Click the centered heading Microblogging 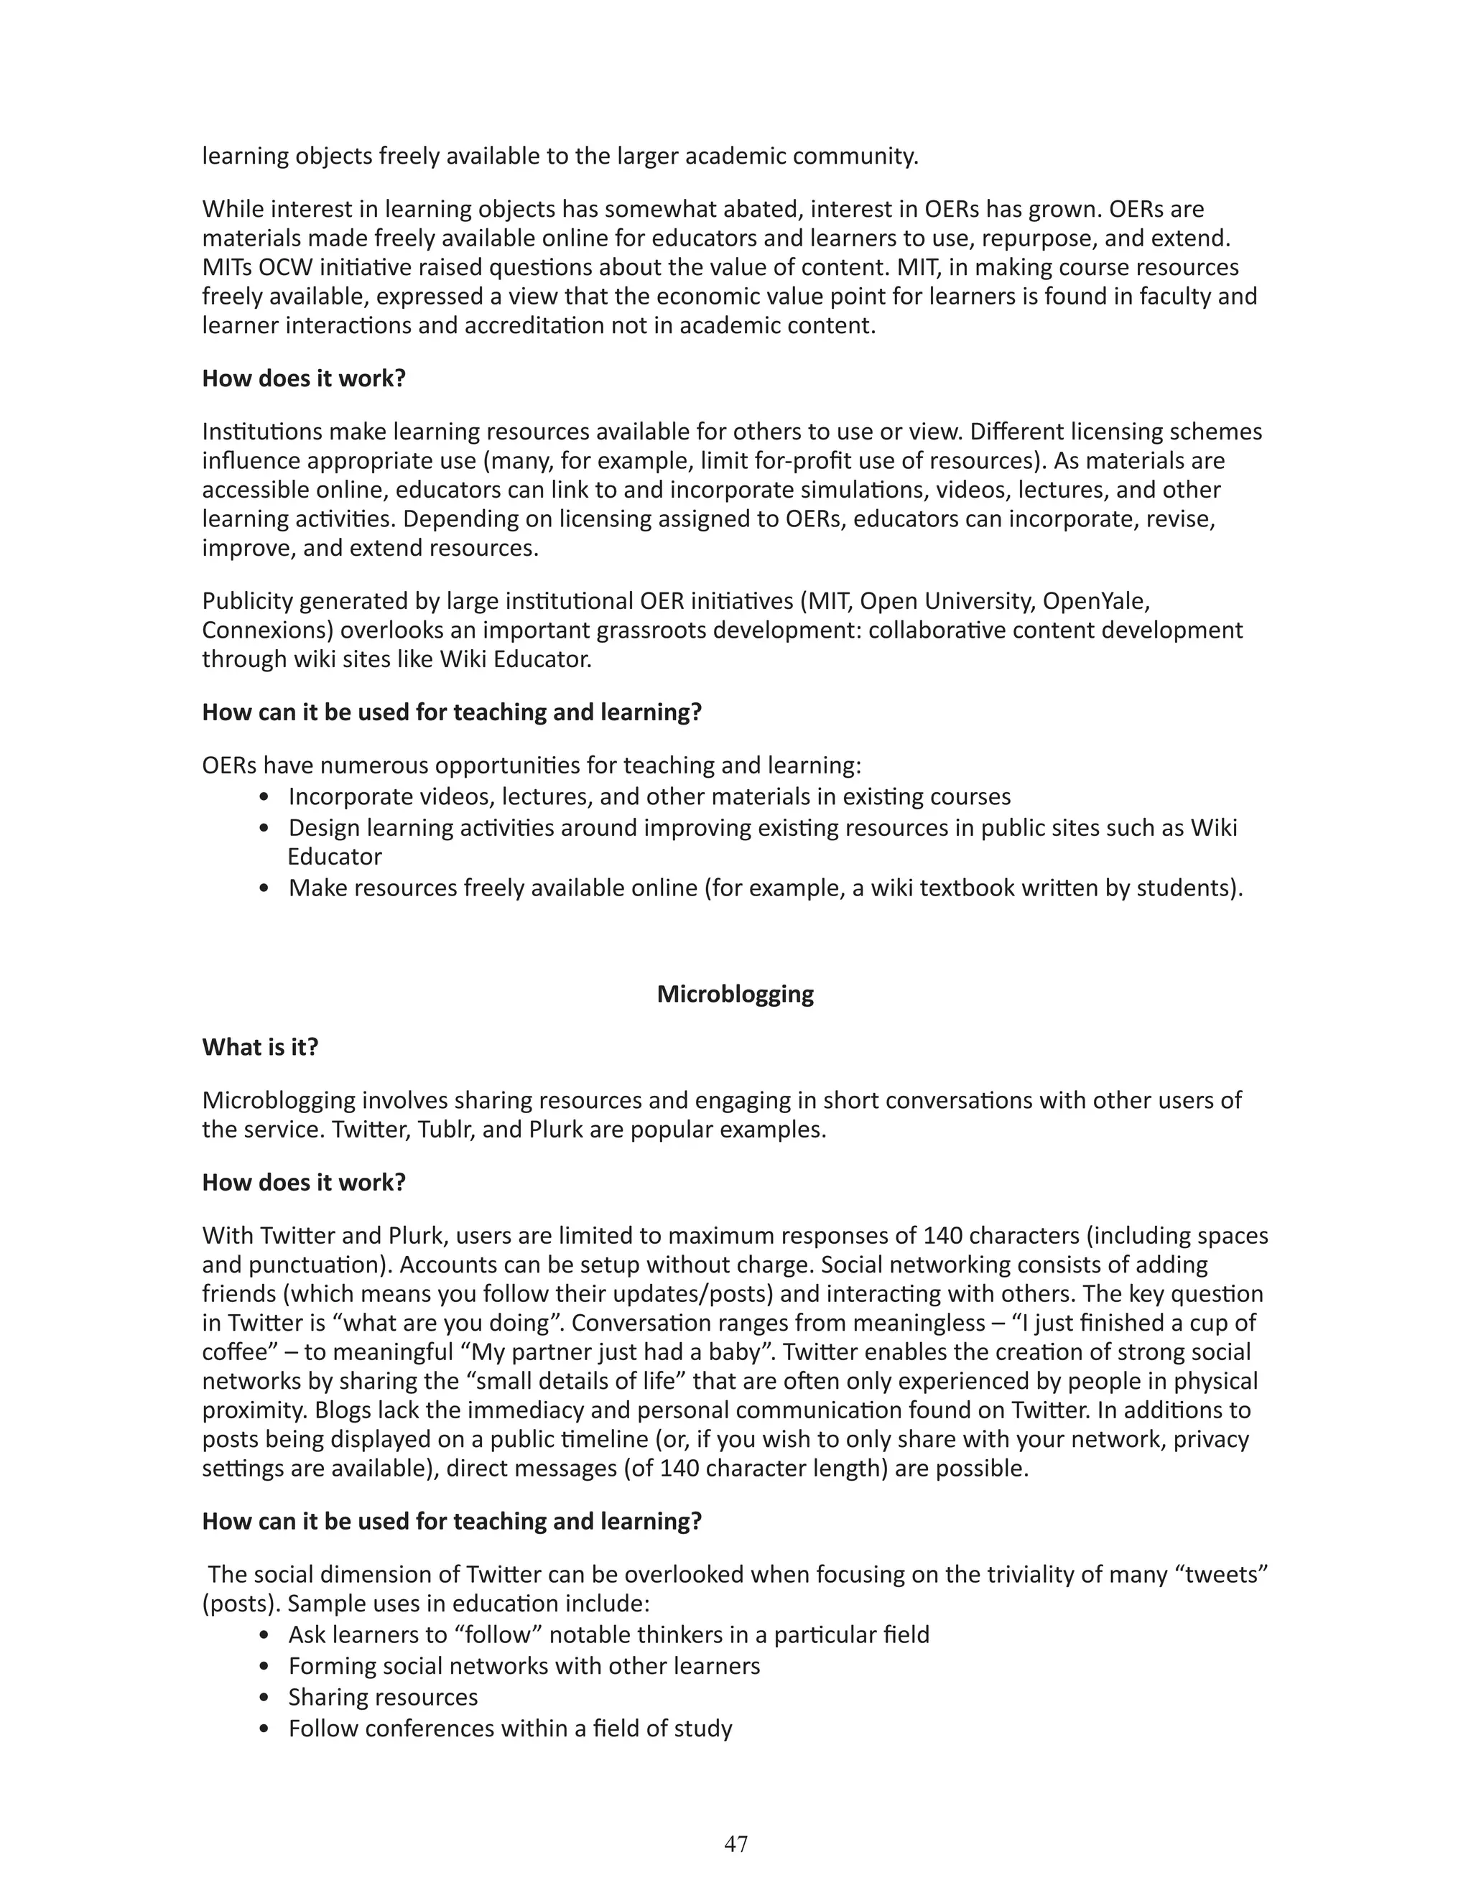(735, 994)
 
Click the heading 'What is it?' (260, 1046)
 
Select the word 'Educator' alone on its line (335, 857)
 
